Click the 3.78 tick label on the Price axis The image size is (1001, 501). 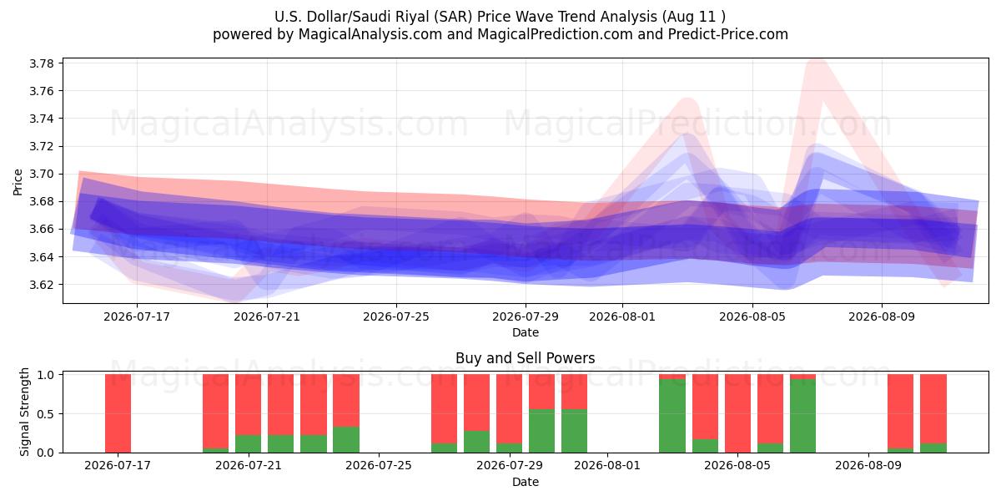coord(42,63)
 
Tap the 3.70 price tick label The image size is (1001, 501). coord(42,174)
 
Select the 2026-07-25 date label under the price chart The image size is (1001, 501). coord(396,316)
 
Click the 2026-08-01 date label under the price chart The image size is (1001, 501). coord(622,316)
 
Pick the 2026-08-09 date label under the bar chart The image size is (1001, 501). coord(868,465)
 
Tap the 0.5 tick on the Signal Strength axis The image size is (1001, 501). coord(45,414)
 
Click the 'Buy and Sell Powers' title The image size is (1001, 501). coord(525,358)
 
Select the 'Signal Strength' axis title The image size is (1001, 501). coord(24,412)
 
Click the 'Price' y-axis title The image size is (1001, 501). coord(18,182)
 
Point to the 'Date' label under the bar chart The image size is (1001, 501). coord(525,482)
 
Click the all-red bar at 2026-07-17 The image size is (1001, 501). coord(118,413)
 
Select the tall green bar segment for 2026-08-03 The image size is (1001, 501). coord(672,416)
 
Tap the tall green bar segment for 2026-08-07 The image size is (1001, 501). coord(802,416)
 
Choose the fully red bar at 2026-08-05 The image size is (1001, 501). coord(737,413)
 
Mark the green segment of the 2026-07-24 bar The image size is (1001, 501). coord(346,440)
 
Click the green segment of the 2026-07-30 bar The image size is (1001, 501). coord(541,431)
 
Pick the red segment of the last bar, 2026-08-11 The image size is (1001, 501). coord(933,409)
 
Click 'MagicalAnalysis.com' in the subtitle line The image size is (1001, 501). coord(370,34)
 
